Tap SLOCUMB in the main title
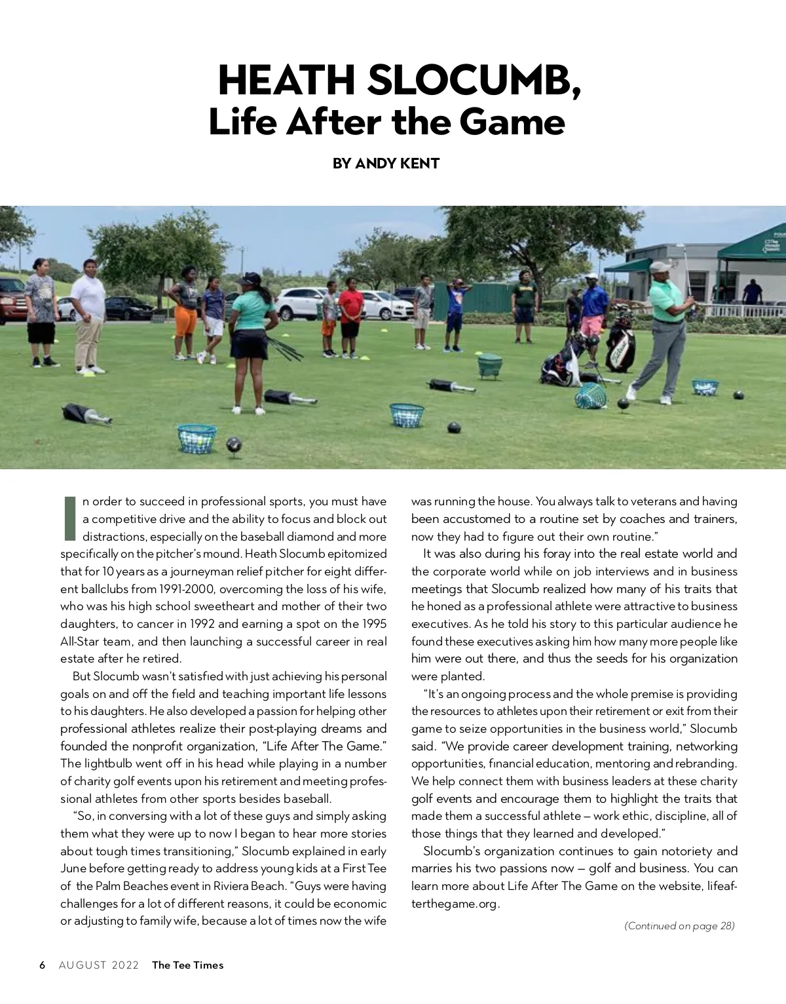tap(474, 81)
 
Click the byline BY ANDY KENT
tap(386, 164)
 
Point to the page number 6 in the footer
tap(43, 965)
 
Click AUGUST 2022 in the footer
tap(99, 965)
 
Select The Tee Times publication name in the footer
tap(187, 965)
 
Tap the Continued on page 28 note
tap(679, 926)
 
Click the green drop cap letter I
tap(70, 518)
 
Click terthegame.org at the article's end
tap(455, 904)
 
